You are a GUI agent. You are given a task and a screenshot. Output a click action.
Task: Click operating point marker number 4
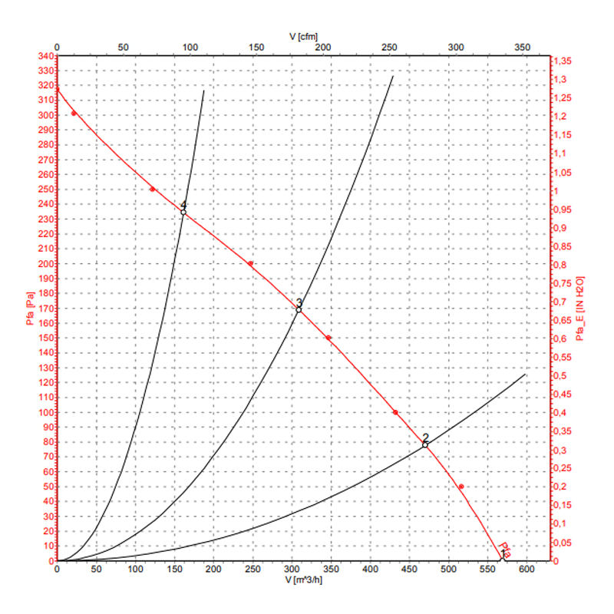click(183, 211)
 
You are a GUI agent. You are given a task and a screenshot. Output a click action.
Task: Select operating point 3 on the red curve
click(299, 309)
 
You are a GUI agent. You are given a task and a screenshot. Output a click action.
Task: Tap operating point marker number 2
click(425, 444)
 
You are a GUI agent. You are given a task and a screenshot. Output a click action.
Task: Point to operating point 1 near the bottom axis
click(503, 558)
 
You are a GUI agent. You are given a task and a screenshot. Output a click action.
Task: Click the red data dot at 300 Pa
click(74, 114)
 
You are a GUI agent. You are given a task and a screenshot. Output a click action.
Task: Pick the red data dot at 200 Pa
click(250, 263)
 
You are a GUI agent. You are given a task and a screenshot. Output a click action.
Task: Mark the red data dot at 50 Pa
click(461, 487)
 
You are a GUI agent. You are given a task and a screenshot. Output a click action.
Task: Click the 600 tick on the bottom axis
click(527, 570)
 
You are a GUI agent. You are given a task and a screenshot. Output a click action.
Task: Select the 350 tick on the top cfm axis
click(523, 47)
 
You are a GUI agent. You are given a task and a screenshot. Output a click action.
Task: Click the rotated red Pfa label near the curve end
click(505, 547)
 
